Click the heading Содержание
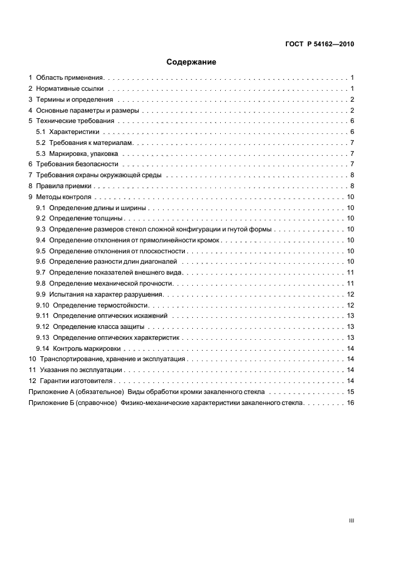[192, 62]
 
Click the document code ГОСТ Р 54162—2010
[320, 44]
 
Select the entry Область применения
[70, 78]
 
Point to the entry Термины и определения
[74, 100]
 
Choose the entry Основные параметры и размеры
[88, 111]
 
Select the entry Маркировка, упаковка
[83, 154]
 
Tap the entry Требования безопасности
[77, 165]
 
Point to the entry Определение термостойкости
[100, 305]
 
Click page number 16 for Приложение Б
[350, 403]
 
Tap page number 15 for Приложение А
[350, 392]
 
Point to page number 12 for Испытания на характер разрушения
[350, 294]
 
